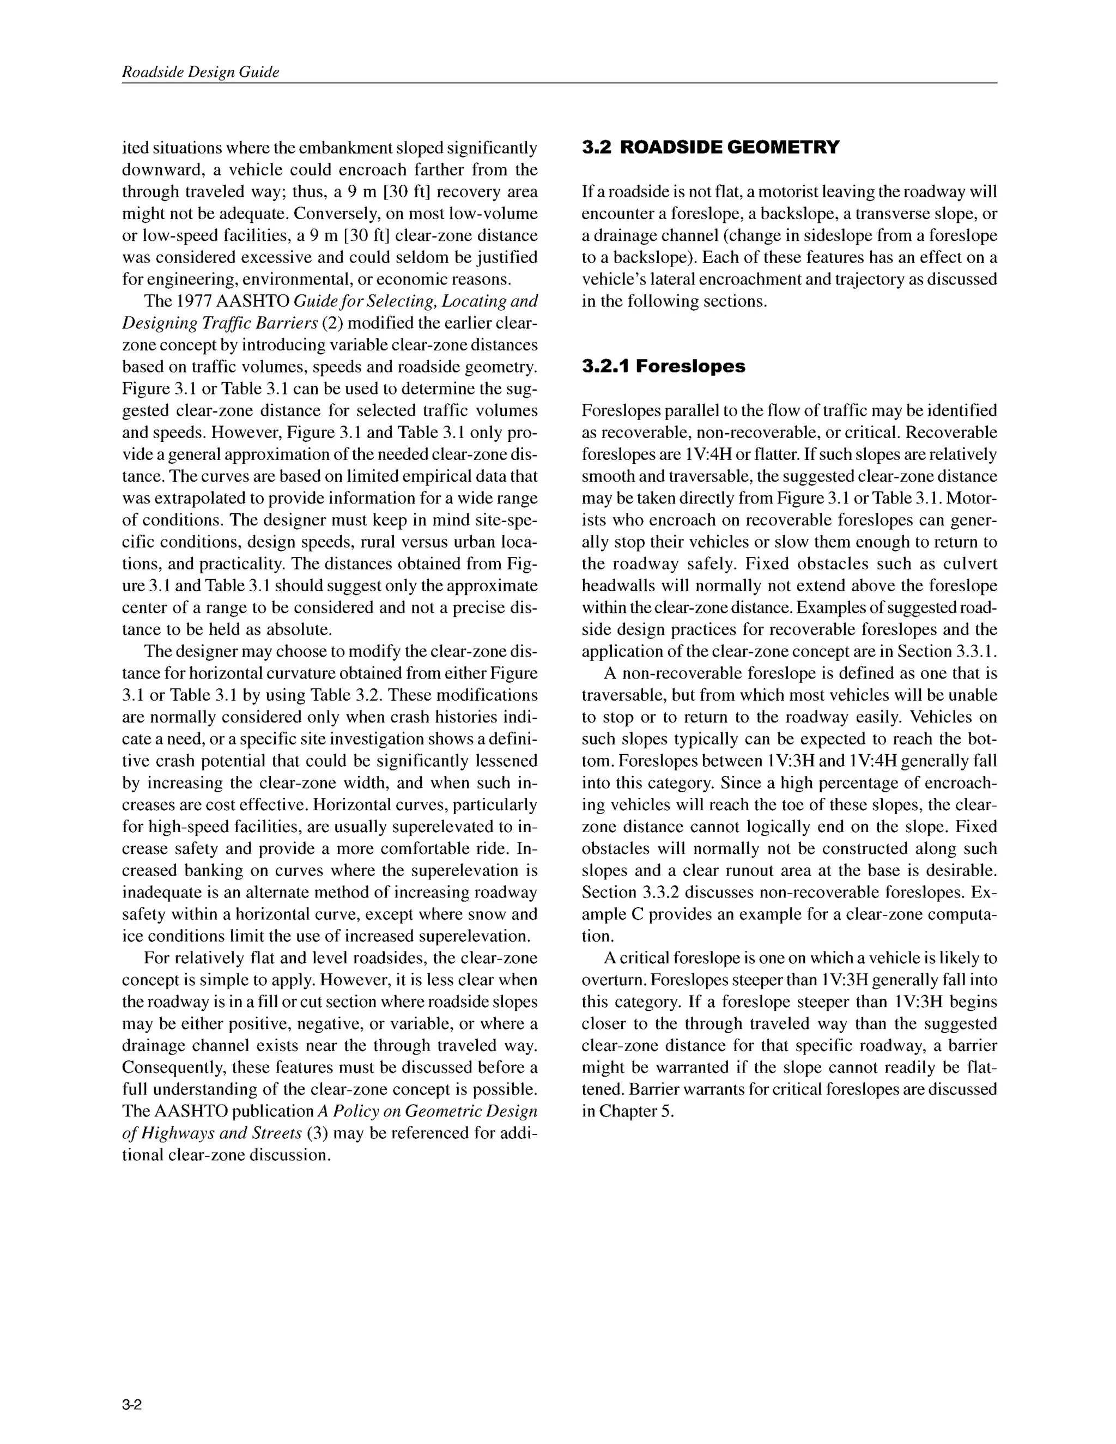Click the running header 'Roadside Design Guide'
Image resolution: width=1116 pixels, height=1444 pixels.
[201, 72]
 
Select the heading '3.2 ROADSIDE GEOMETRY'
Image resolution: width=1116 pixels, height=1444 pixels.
[710, 148]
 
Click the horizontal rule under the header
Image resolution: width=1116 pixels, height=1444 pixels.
[559, 83]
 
